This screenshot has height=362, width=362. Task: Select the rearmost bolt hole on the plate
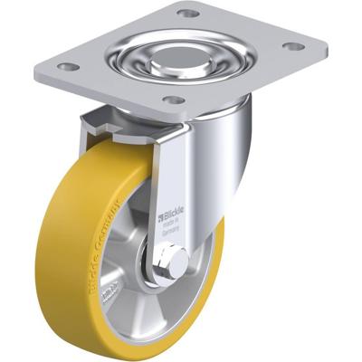click(x=186, y=14)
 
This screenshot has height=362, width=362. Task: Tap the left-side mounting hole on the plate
click(x=66, y=66)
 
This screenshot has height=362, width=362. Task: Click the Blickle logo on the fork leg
click(x=175, y=215)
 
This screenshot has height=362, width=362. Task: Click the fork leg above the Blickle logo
click(x=175, y=172)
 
